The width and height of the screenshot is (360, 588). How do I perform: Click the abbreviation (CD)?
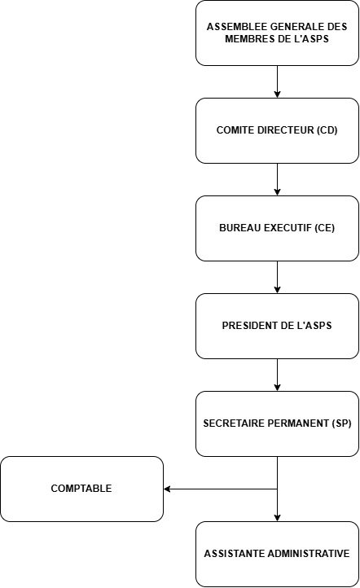pyautogui.click(x=327, y=130)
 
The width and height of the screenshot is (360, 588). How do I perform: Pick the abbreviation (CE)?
pyautogui.click(x=324, y=228)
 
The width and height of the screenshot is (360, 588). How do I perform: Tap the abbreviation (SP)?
pyautogui.click(x=341, y=423)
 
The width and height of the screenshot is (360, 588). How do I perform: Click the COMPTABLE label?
pyautogui.click(x=81, y=489)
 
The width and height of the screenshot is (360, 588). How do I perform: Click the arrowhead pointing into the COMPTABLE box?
pyautogui.click(x=167, y=489)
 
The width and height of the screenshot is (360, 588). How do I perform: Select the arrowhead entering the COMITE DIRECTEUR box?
pyautogui.click(x=277, y=94)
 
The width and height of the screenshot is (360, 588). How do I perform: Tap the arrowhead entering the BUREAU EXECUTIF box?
pyautogui.click(x=277, y=192)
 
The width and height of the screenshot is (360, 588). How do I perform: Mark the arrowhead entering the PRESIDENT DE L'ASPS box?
pyautogui.click(x=277, y=290)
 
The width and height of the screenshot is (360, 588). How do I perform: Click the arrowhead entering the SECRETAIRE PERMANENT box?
pyautogui.click(x=277, y=388)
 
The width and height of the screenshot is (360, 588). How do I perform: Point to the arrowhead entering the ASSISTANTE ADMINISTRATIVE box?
pyautogui.click(x=277, y=518)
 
